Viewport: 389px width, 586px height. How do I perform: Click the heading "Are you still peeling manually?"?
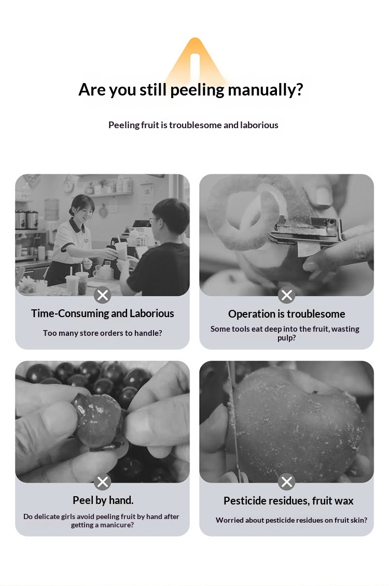[190, 90]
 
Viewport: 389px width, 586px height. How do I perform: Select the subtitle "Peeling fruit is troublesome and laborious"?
[193, 125]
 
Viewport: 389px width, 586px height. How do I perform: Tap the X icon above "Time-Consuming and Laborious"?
[102, 295]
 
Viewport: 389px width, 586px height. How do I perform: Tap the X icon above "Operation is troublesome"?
[287, 295]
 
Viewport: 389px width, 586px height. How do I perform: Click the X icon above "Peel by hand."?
[102, 482]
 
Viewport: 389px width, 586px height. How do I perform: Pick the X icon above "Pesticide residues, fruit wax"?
[287, 482]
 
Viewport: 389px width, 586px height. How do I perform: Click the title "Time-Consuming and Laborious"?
[102, 313]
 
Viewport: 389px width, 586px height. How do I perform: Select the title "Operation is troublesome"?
[287, 314]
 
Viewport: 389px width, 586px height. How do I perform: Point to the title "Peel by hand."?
[103, 500]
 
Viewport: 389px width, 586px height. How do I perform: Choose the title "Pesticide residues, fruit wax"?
[288, 501]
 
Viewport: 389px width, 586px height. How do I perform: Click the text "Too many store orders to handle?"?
[102, 333]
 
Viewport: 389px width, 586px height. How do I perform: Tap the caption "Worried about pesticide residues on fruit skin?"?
[291, 520]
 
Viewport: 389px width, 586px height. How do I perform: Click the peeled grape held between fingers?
[98, 420]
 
